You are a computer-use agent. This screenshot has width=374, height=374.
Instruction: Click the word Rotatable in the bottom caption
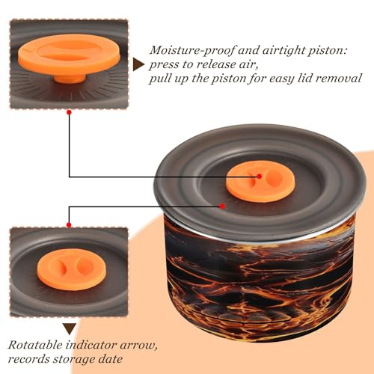(36, 345)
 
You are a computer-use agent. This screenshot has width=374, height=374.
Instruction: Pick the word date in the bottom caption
(111, 359)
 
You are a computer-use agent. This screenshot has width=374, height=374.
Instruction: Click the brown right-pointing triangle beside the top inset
(138, 65)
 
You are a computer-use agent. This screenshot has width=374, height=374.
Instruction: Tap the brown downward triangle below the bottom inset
(70, 329)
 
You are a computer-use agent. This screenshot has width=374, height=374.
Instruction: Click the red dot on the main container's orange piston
(260, 177)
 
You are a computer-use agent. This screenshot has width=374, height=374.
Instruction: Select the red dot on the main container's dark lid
(222, 206)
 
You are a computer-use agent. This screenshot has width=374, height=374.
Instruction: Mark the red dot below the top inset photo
(70, 112)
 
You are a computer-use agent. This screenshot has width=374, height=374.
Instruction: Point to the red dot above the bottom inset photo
(69, 225)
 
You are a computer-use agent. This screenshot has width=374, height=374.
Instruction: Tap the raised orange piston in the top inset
(69, 55)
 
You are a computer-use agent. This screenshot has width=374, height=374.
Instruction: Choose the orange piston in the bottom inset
(72, 269)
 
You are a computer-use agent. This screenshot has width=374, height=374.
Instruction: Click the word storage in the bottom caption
(74, 360)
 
